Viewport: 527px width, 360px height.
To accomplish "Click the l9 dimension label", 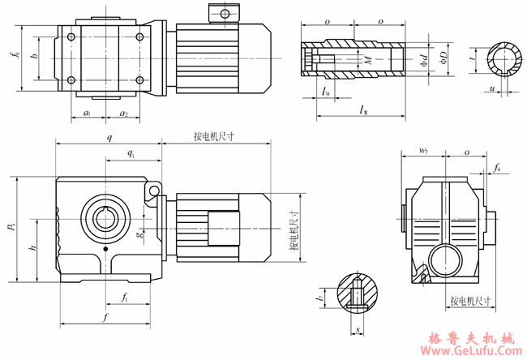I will coord(325,92).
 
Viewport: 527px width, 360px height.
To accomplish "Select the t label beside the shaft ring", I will coord(473,58).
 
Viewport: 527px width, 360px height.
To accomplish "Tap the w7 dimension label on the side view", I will coord(423,152).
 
